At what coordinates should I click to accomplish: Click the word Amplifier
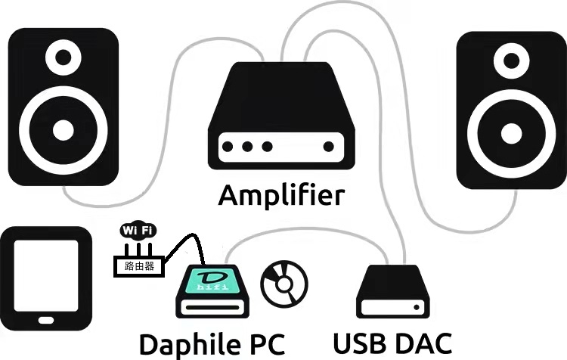coord(281,194)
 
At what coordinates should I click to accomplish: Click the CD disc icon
coord(283,284)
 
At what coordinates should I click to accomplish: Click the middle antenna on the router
coord(139,248)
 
